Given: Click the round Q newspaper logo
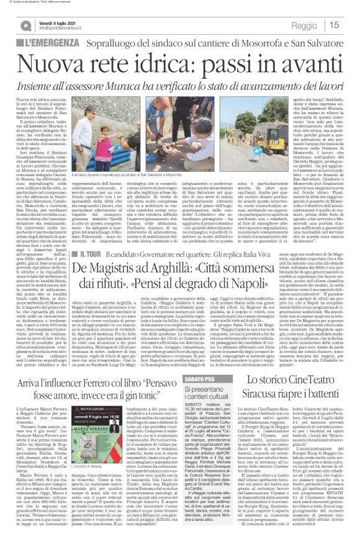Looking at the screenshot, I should (x=25, y=24).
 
